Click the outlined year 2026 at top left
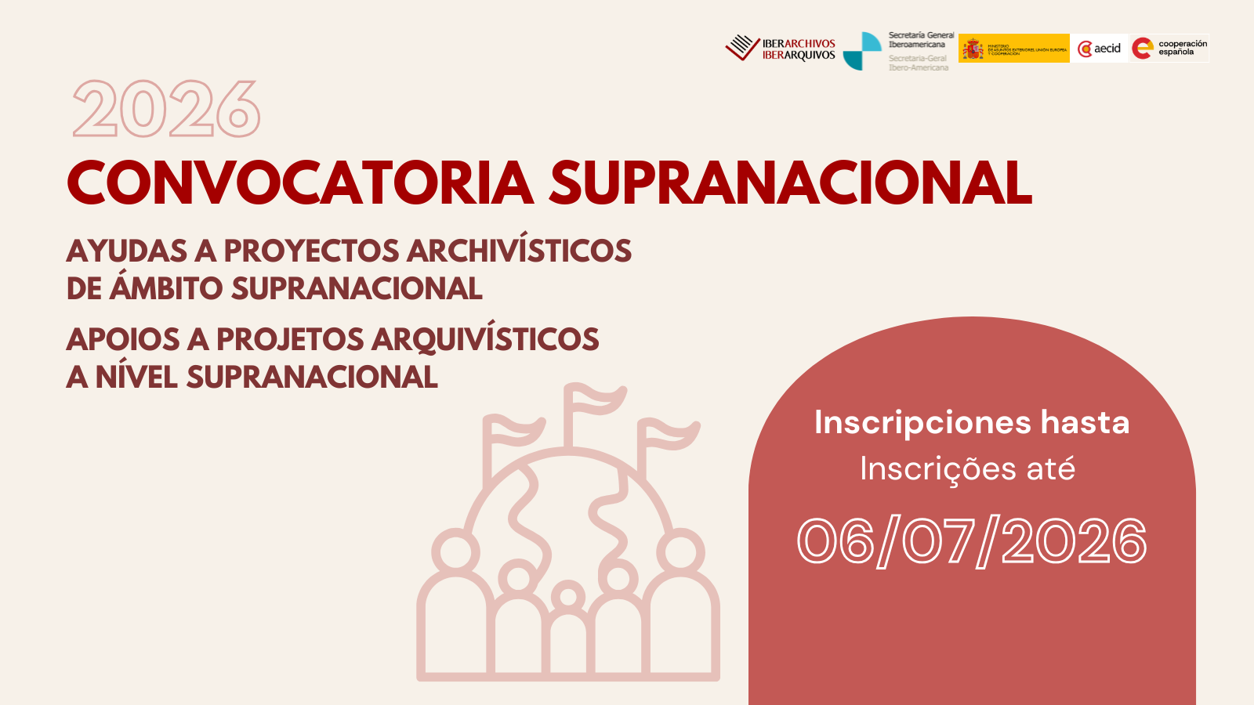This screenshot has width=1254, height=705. (166, 110)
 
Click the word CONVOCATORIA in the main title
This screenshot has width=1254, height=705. (301, 183)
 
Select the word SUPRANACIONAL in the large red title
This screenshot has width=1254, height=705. (790, 183)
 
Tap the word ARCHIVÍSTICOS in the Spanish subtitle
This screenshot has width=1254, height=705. (519, 251)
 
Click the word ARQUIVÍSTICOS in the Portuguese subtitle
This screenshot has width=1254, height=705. (485, 340)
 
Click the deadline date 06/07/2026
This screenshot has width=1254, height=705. (972, 541)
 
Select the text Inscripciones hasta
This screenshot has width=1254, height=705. (972, 423)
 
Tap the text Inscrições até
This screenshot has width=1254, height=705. (967, 469)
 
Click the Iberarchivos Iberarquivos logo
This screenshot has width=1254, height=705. (781, 49)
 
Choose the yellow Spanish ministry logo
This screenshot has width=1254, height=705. (1013, 49)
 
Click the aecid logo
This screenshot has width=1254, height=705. (1100, 49)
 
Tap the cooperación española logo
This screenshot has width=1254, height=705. (1169, 49)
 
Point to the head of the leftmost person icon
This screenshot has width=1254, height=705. (455, 551)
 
